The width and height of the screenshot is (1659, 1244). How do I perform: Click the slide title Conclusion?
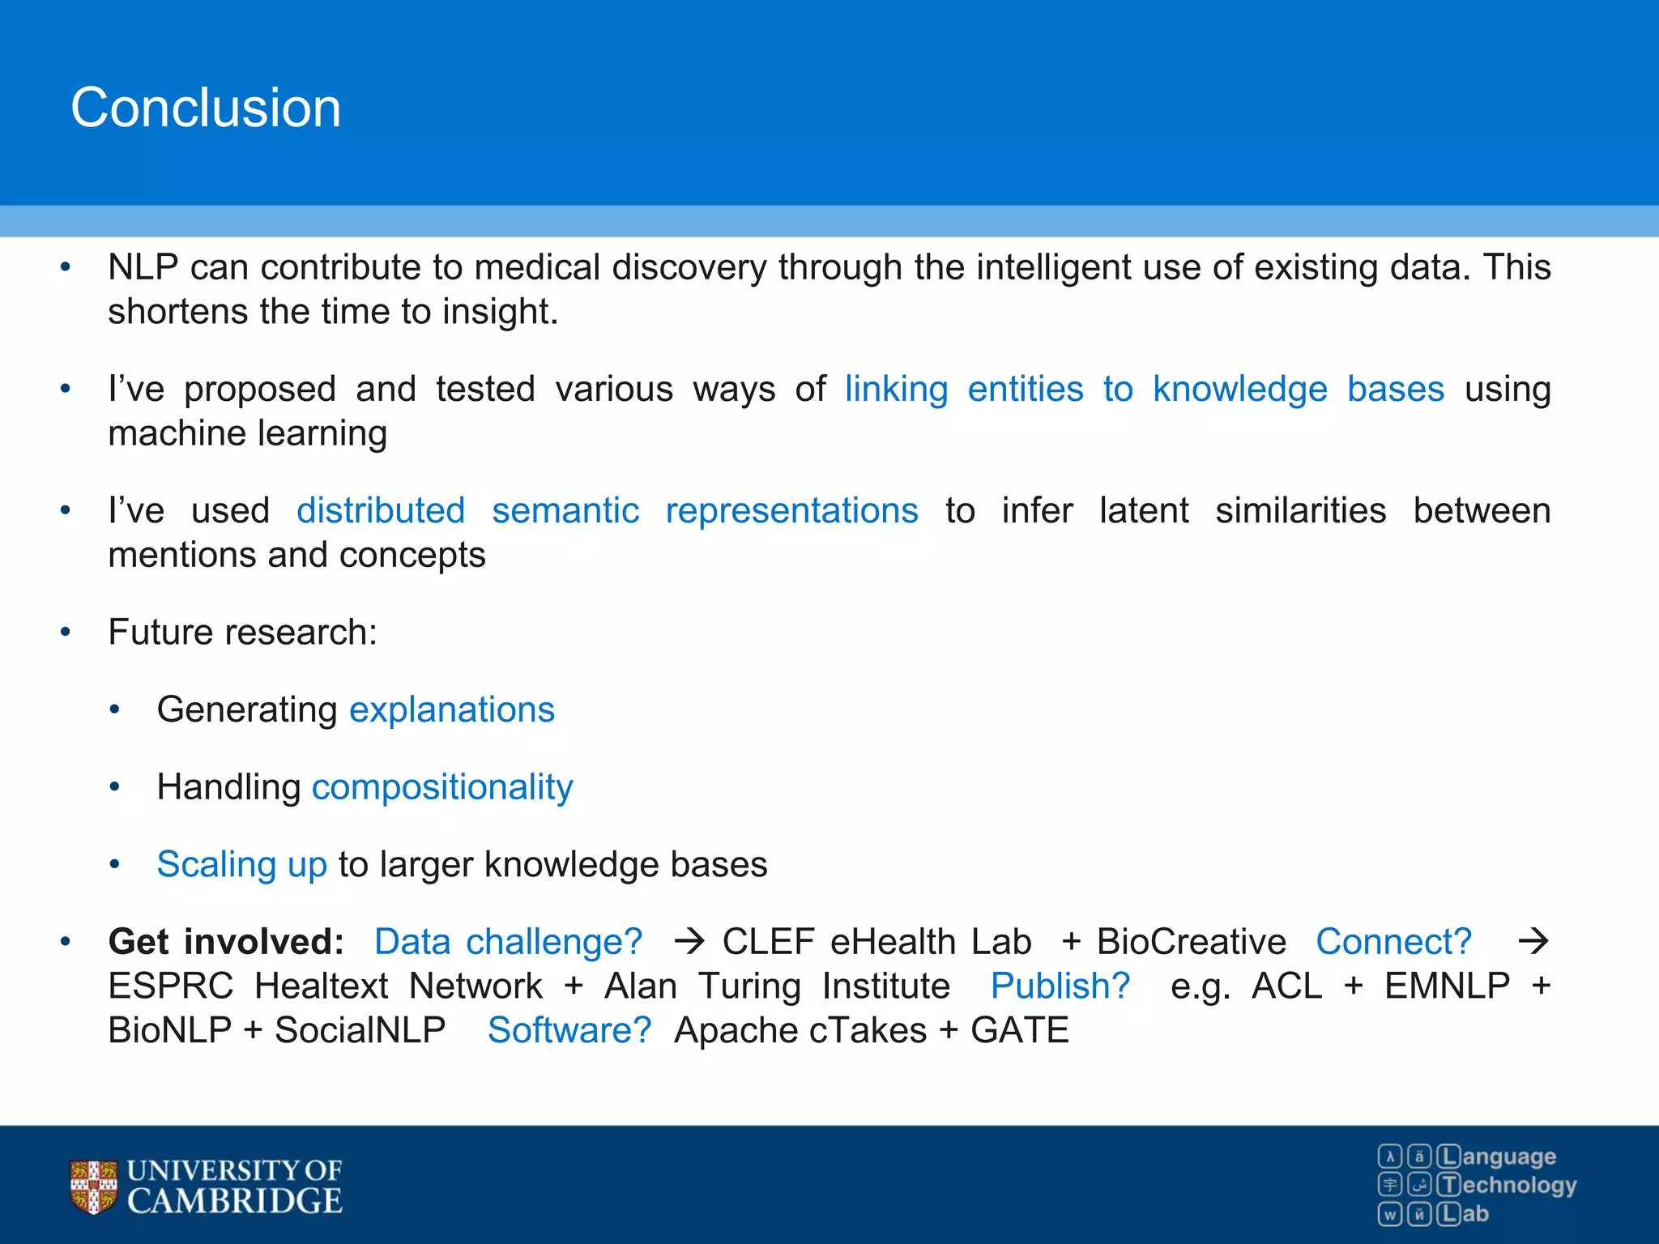click(x=206, y=108)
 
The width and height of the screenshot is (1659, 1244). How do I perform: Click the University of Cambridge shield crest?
click(x=93, y=1187)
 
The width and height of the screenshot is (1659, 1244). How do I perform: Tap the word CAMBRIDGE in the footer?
click(x=235, y=1201)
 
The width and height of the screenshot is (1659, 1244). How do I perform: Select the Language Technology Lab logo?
click(x=1477, y=1185)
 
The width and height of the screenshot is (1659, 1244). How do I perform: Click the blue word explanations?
click(x=452, y=709)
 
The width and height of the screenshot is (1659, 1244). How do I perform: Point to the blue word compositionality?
click(x=442, y=787)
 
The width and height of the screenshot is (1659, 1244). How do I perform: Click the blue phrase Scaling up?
click(x=241, y=864)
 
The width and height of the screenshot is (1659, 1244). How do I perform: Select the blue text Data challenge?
click(x=508, y=942)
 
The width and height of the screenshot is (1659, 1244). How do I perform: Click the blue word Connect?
click(x=1393, y=942)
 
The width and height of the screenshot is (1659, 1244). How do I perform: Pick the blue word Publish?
click(x=1060, y=986)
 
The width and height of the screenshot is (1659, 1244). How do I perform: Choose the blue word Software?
click(x=569, y=1031)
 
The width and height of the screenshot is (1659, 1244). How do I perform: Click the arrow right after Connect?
click(x=1533, y=942)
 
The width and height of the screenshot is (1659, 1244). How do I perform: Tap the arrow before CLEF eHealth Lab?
click(x=689, y=942)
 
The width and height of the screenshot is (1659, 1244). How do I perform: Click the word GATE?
click(x=1020, y=1031)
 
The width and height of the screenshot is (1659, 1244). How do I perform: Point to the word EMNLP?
click(x=1447, y=986)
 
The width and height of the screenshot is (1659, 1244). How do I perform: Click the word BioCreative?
click(x=1191, y=942)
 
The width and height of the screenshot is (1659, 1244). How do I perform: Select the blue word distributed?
click(x=381, y=511)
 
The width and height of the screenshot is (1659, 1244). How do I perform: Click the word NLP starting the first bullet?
click(x=143, y=267)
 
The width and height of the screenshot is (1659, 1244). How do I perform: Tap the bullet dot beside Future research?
click(x=66, y=633)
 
